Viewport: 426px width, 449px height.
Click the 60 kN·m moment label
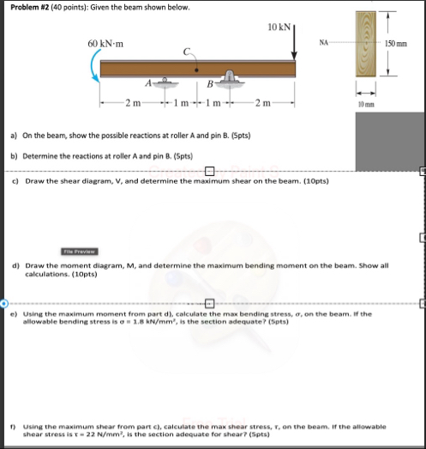point(109,42)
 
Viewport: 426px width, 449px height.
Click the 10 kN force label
point(280,27)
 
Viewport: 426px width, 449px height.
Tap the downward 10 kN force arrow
point(294,45)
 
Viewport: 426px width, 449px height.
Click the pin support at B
point(230,81)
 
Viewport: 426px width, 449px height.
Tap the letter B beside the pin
point(211,83)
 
